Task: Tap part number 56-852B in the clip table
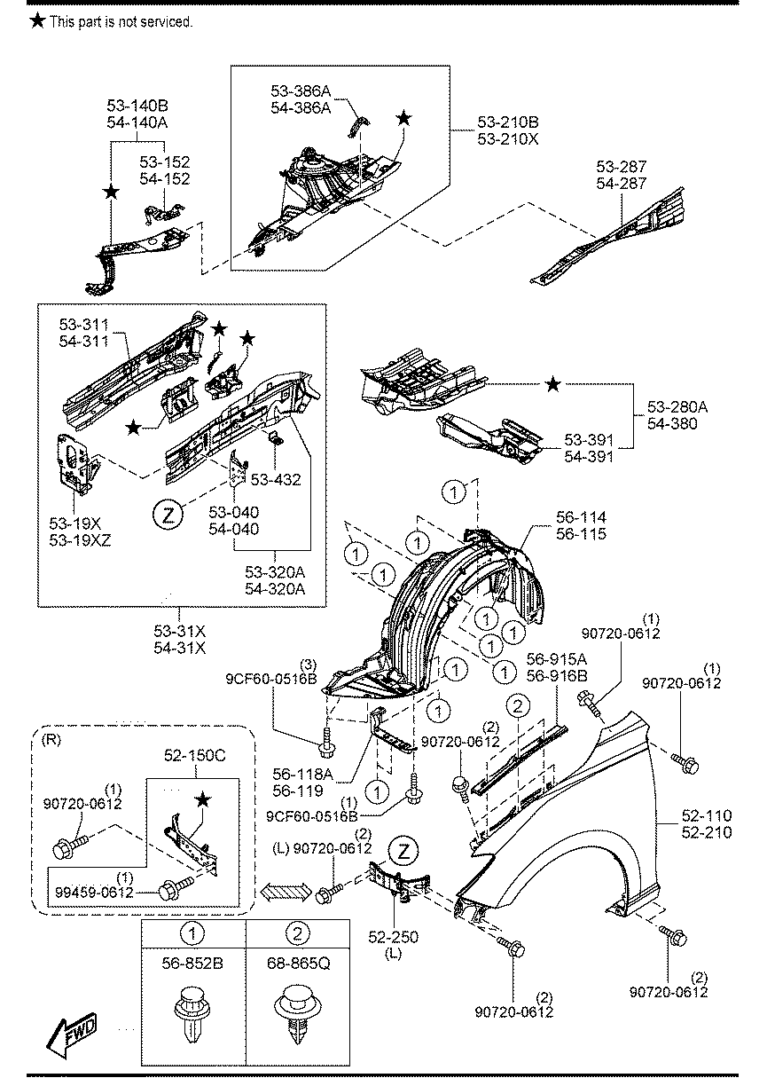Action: pos(192,963)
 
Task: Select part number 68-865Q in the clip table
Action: pos(298,963)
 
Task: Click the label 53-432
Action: pos(276,479)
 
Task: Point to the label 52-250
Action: pos(394,937)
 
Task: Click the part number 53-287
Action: pos(622,167)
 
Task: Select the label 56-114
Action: pos(581,517)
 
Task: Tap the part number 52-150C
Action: pos(195,755)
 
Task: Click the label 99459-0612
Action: pos(94,893)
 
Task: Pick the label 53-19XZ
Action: pos(80,540)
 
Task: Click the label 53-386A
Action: pos(301,91)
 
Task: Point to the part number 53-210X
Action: pos(508,139)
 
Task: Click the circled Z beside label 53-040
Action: pos(168,515)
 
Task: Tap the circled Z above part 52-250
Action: pos(403,852)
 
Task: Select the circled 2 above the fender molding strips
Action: pos(518,706)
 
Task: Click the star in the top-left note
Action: pos(37,20)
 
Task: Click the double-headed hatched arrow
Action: pos(286,893)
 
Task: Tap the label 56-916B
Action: pos(557,676)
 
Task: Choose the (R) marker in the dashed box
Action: pos(51,740)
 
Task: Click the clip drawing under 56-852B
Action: pos(192,1015)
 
